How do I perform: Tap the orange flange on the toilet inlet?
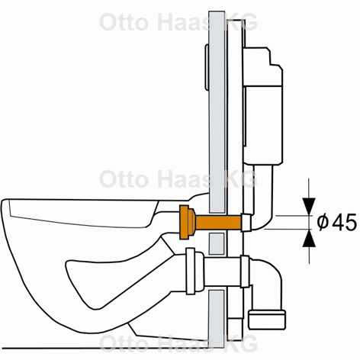point(184,222)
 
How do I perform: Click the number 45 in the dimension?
point(345,223)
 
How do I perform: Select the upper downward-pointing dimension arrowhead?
point(309,206)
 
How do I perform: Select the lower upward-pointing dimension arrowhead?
point(309,238)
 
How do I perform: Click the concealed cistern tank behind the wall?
point(262,105)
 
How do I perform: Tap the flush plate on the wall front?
point(207,67)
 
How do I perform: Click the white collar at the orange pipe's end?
point(246,223)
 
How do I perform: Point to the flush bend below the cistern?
point(263,198)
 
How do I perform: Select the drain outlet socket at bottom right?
point(267,320)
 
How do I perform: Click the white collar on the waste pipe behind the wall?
point(245,272)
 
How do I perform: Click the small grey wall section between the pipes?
point(217,244)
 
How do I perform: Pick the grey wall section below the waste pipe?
point(217,319)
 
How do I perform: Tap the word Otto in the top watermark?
point(124,22)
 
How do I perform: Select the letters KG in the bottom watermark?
point(242,344)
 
